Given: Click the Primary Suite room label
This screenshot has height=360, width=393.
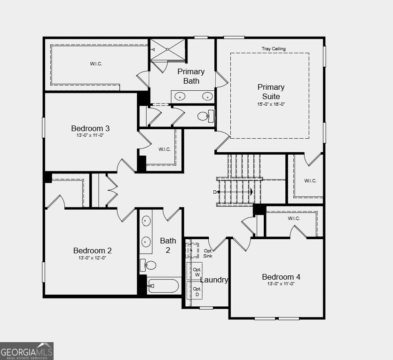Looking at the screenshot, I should (271, 92).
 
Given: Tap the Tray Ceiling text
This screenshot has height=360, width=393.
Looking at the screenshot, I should (274, 49).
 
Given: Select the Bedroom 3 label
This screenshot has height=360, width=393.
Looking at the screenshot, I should (91, 128).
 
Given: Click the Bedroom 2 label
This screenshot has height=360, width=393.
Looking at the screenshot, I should (92, 250).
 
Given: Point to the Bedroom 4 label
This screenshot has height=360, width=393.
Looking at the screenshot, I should (281, 277).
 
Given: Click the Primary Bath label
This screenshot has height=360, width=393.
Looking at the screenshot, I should (191, 76).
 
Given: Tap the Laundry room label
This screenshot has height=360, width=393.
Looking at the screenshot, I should (214, 280).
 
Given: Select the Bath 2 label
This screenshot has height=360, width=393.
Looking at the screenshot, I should (168, 245).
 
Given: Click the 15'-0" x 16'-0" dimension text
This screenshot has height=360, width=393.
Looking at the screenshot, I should (271, 104).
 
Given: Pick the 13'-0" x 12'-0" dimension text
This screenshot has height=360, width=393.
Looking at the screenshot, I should (92, 258).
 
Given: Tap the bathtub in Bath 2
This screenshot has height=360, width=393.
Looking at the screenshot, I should (163, 286).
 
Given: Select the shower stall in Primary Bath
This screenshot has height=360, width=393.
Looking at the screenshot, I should (167, 50).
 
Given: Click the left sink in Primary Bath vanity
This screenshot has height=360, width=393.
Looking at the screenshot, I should (180, 97).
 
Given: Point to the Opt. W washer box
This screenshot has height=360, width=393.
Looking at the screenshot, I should (196, 272).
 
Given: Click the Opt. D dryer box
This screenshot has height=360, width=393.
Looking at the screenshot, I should (196, 291).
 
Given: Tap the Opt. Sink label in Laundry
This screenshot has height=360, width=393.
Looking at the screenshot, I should (208, 253).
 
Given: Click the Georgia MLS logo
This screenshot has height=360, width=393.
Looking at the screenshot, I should (27, 351).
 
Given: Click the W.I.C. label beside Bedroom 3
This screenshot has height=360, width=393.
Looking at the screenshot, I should (165, 149).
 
